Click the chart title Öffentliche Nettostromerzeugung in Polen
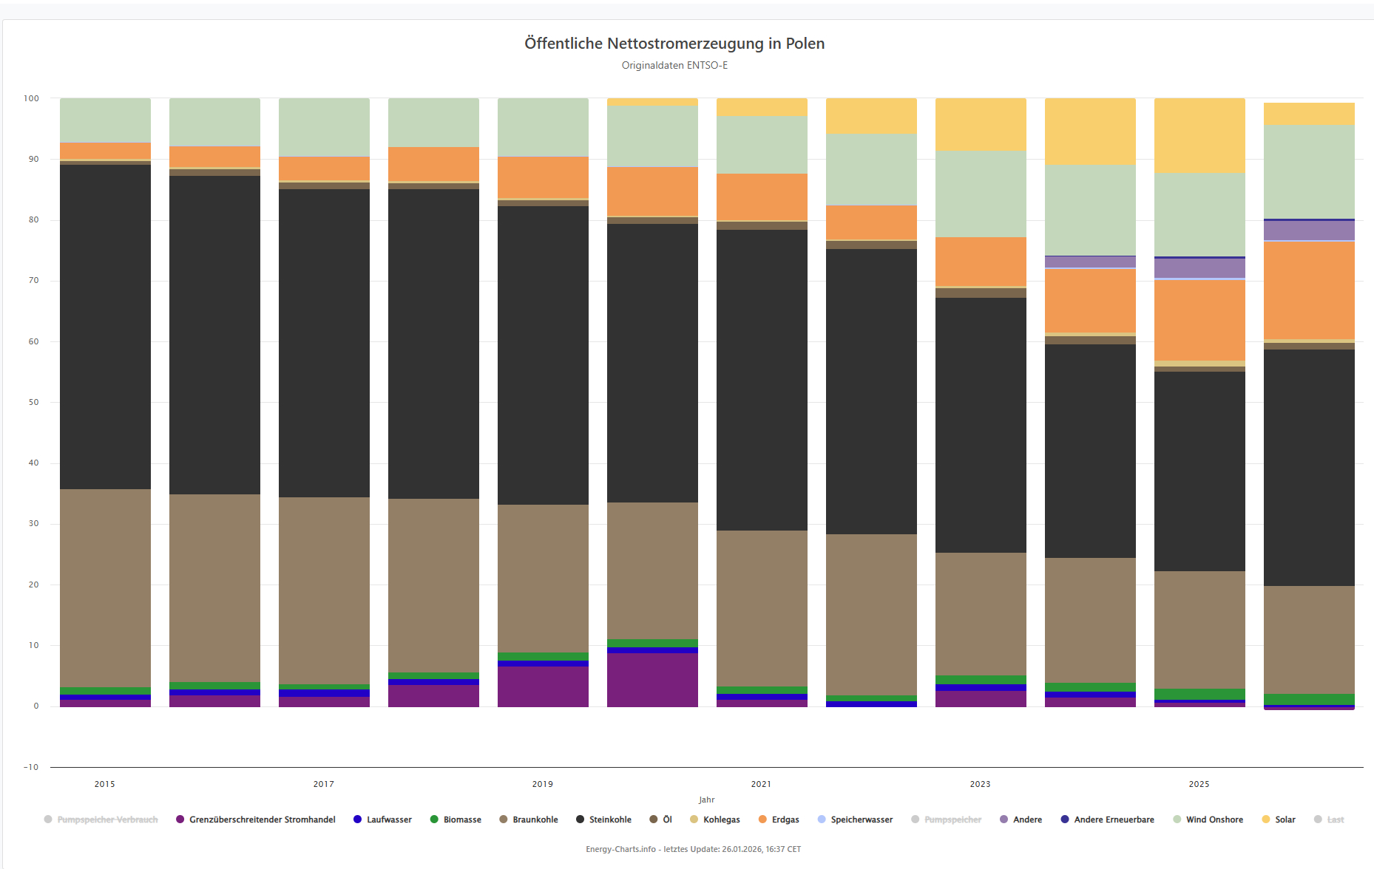(x=674, y=44)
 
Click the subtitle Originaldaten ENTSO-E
(x=674, y=66)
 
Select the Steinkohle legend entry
(x=609, y=819)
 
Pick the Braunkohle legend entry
(x=535, y=819)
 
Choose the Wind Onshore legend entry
(x=1214, y=819)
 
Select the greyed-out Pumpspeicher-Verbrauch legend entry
(x=107, y=819)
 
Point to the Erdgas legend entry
(x=785, y=819)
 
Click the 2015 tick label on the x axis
(x=105, y=784)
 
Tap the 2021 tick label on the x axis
(x=762, y=784)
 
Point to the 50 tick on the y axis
(x=32, y=403)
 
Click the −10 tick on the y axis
(x=31, y=767)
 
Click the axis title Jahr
(x=706, y=800)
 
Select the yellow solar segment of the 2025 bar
(x=1199, y=136)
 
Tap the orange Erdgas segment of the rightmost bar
(x=1309, y=290)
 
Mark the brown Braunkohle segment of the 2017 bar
(x=324, y=590)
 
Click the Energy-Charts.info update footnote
(x=693, y=849)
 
